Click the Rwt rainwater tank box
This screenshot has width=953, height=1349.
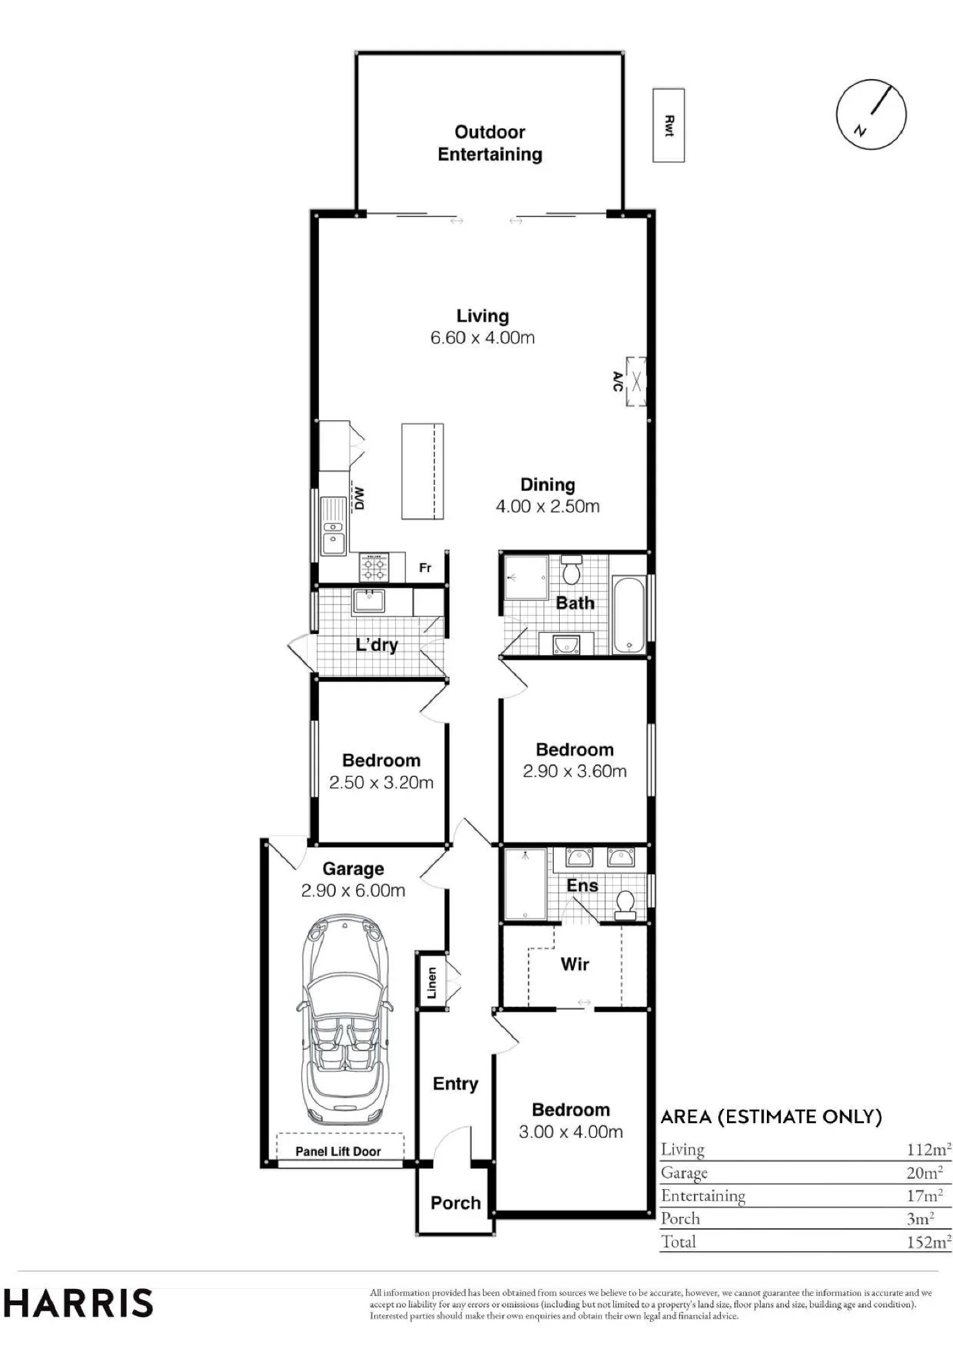[668, 125]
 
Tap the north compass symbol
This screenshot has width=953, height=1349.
[871, 114]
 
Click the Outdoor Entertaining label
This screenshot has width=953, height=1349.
[490, 143]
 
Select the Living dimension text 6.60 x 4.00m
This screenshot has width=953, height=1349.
[482, 338]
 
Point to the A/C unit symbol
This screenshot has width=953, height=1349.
[636, 382]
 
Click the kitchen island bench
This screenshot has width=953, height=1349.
[423, 471]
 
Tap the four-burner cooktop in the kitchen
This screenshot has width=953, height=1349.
[374, 567]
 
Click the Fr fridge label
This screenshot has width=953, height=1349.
[425, 568]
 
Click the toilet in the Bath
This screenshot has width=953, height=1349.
[572, 569]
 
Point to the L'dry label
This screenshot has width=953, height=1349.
[377, 645]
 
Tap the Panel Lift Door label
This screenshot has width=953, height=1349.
[338, 1151]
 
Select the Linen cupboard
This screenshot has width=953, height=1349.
[432, 982]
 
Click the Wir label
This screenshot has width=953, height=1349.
[575, 964]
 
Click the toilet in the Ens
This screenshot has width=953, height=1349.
[625, 905]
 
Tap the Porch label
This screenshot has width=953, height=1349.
[456, 1203]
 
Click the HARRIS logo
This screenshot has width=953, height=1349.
[79, 1302]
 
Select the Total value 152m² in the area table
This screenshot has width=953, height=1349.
[929, 1242]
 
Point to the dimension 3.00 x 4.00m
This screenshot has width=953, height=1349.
[571, 1131]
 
